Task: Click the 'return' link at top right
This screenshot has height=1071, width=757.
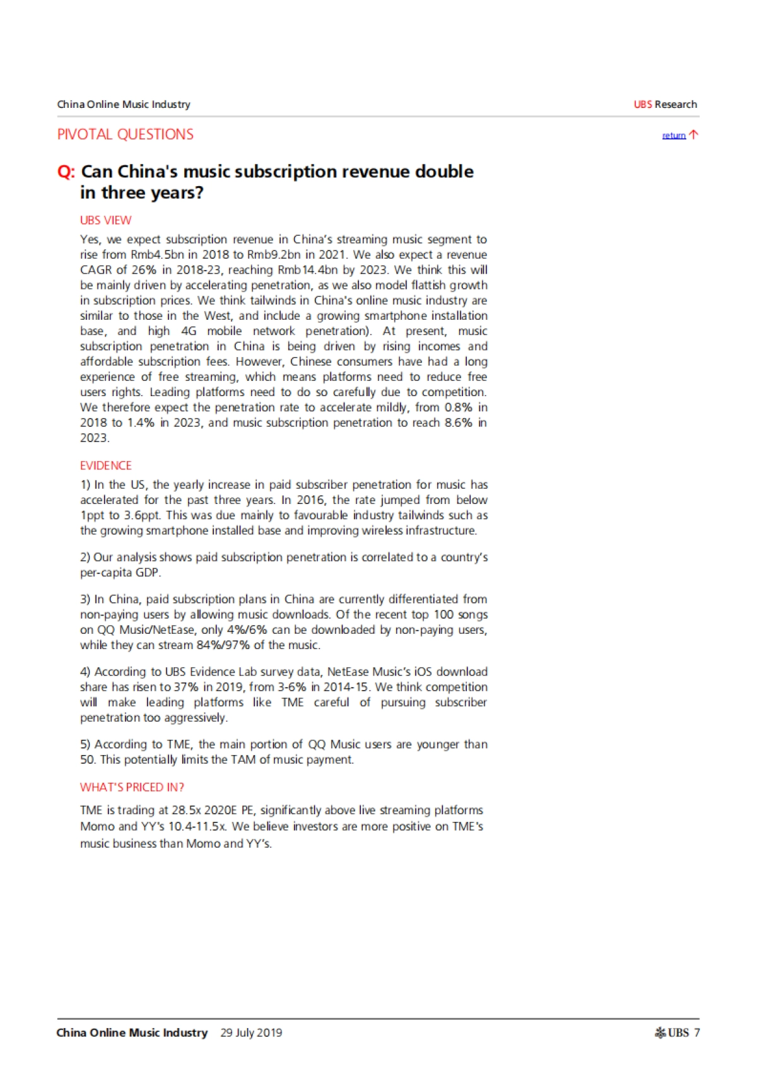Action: click(x=673, y=136)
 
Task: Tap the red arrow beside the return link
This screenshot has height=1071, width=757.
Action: click(x=693, y=134)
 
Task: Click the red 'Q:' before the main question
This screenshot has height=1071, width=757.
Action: click(x=66, y=172)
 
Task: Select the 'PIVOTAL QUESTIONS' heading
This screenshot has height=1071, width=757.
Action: click(x=125, y=134)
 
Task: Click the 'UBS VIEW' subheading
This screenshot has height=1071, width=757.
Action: click(x=105, y=220)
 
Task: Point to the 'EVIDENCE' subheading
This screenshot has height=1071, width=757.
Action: click(x=105, y=465)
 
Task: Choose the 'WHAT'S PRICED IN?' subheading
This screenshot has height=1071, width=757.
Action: click(x=132, y=787)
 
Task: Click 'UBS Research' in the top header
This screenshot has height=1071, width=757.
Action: click(x=665, y=105)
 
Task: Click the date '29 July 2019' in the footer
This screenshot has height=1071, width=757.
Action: click(x=251, y=1033)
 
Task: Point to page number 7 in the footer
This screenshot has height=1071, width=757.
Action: click(x=697, y=1033)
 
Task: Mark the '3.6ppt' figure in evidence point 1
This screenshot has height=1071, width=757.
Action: click(x=142, y=515)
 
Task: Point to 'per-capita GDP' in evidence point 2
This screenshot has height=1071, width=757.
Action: click(x=120, y=573)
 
